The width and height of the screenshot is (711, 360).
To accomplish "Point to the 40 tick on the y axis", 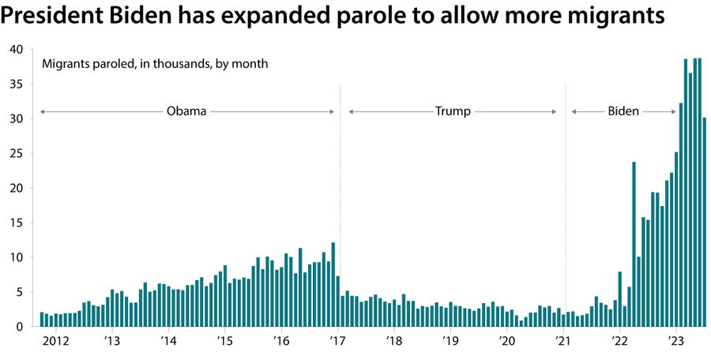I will tap(16, 49).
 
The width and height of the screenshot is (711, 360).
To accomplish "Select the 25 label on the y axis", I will tap(16, 153).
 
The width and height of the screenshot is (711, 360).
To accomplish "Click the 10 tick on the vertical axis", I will tap(16, 257).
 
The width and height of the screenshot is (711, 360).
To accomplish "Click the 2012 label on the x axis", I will tap(55, 341).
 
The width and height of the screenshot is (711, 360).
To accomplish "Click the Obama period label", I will tap(186, 111).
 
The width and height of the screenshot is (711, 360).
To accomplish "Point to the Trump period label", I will tap(453, 111).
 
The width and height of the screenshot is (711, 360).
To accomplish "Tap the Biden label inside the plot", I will tap(623, 111).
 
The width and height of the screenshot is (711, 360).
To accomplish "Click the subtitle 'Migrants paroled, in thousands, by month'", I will tap(155, 63).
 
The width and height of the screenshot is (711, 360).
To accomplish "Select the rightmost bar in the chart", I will tap(705, 222).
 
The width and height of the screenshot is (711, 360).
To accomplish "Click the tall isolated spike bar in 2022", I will tap(634, 244).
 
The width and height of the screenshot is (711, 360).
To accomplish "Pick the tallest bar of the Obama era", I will tap(333, 284).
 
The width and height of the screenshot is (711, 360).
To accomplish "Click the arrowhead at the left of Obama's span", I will tap(42, 112).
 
